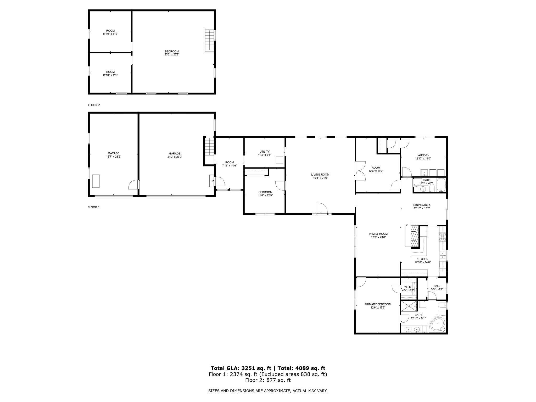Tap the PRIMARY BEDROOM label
tap(378, 304)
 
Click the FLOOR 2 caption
tap(94, 105)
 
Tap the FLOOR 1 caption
tap(94, 207)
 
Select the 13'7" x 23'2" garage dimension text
tap(114, 157)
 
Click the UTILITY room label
tap(264, 152)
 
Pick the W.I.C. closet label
tap(408, 287)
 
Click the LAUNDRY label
tap(423, 155)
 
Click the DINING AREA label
tap(422, 205)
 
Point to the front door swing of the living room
tap(322, 208)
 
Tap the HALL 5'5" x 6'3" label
tap(437, 286)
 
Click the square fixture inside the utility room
tap(280, 160)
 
